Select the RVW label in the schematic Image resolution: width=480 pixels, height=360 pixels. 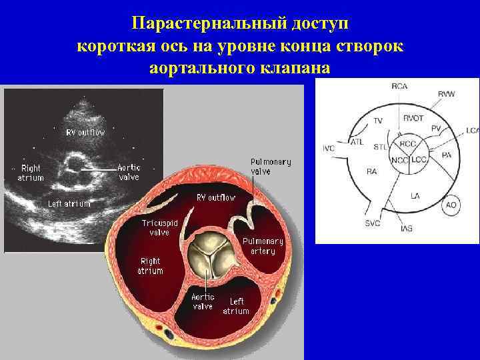(447, 94)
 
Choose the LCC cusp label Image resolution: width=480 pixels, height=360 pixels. (419, 161)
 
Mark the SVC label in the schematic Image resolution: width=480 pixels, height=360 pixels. (372, 223)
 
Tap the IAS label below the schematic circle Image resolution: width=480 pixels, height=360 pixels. (407, 229)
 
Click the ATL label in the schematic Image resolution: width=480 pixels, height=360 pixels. (358, 141)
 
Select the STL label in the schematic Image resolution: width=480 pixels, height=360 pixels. (380, 146)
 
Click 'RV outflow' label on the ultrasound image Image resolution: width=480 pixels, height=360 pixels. (85, 132)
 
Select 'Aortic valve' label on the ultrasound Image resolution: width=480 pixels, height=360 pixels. (129, 172)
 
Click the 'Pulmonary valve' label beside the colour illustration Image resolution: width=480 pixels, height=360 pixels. (271, 167)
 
